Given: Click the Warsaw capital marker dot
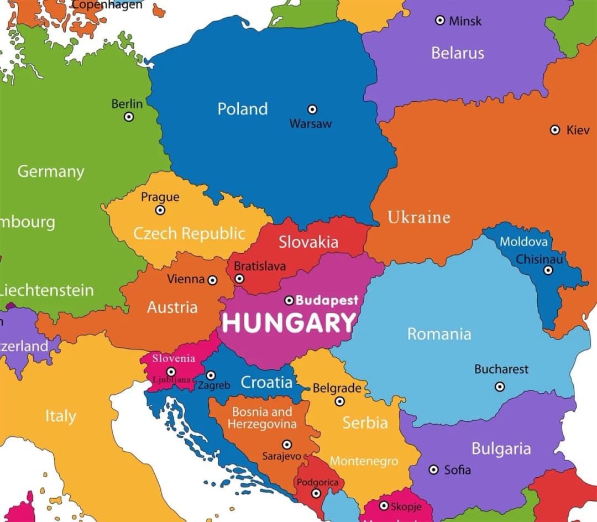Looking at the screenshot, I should [312, 109].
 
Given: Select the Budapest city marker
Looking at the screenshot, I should [289, 301].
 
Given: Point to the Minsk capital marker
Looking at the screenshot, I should [440, 20].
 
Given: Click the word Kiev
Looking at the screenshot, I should [578, 130].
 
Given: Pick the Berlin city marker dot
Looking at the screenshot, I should [129, 117].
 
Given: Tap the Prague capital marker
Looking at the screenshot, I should [160, 210].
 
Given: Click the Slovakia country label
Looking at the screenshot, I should [308, 242].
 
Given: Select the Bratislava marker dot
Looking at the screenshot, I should [239, 279].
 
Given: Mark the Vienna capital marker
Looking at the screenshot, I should [212, 280].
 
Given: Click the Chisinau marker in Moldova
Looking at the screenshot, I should [548, 270].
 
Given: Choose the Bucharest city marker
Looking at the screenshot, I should [500, 387].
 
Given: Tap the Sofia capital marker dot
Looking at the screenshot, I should [434, 469].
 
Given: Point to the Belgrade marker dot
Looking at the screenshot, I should [340, 401].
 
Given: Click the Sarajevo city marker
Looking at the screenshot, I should [287, 445].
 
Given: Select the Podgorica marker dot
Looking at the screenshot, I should [316, 493].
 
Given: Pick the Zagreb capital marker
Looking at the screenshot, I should [211, 375].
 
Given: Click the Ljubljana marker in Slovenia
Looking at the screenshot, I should [171, 372].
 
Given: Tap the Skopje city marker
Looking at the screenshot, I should [384, 505].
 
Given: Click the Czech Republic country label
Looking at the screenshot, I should [189, 233].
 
